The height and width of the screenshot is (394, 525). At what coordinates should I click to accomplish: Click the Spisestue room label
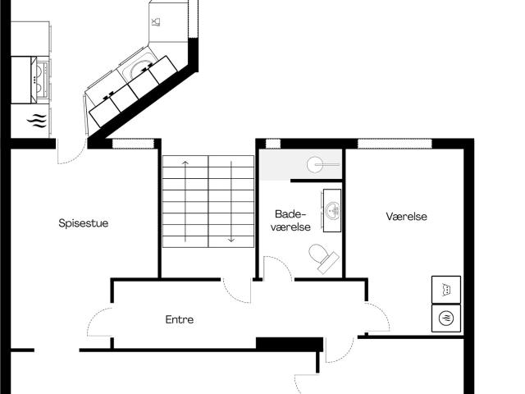click(84, 223)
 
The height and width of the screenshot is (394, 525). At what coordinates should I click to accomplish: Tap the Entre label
click(180, 319)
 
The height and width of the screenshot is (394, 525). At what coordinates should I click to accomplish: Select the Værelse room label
click(407, 217)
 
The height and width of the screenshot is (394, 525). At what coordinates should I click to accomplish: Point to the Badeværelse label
click(290, 221)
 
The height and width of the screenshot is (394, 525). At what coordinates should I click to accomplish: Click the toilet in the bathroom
click(323, 258)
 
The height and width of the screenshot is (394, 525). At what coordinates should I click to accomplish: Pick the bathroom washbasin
click(332, 210)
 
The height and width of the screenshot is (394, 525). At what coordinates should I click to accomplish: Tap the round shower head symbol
click(315, 164)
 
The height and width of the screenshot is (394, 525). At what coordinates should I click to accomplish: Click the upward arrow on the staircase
click(185, 201)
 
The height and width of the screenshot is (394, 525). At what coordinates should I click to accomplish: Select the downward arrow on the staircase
click(231, 201)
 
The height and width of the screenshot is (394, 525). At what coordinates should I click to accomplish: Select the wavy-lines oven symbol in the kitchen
click(36, 121)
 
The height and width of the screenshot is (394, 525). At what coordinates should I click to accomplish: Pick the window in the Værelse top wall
click(395, 144)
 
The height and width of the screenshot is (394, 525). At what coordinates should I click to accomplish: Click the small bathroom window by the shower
click(273, 144)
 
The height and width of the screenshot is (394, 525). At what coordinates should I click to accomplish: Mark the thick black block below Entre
click(290, 344)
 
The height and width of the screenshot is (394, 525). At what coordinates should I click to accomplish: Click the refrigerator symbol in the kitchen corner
click(168, 22)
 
